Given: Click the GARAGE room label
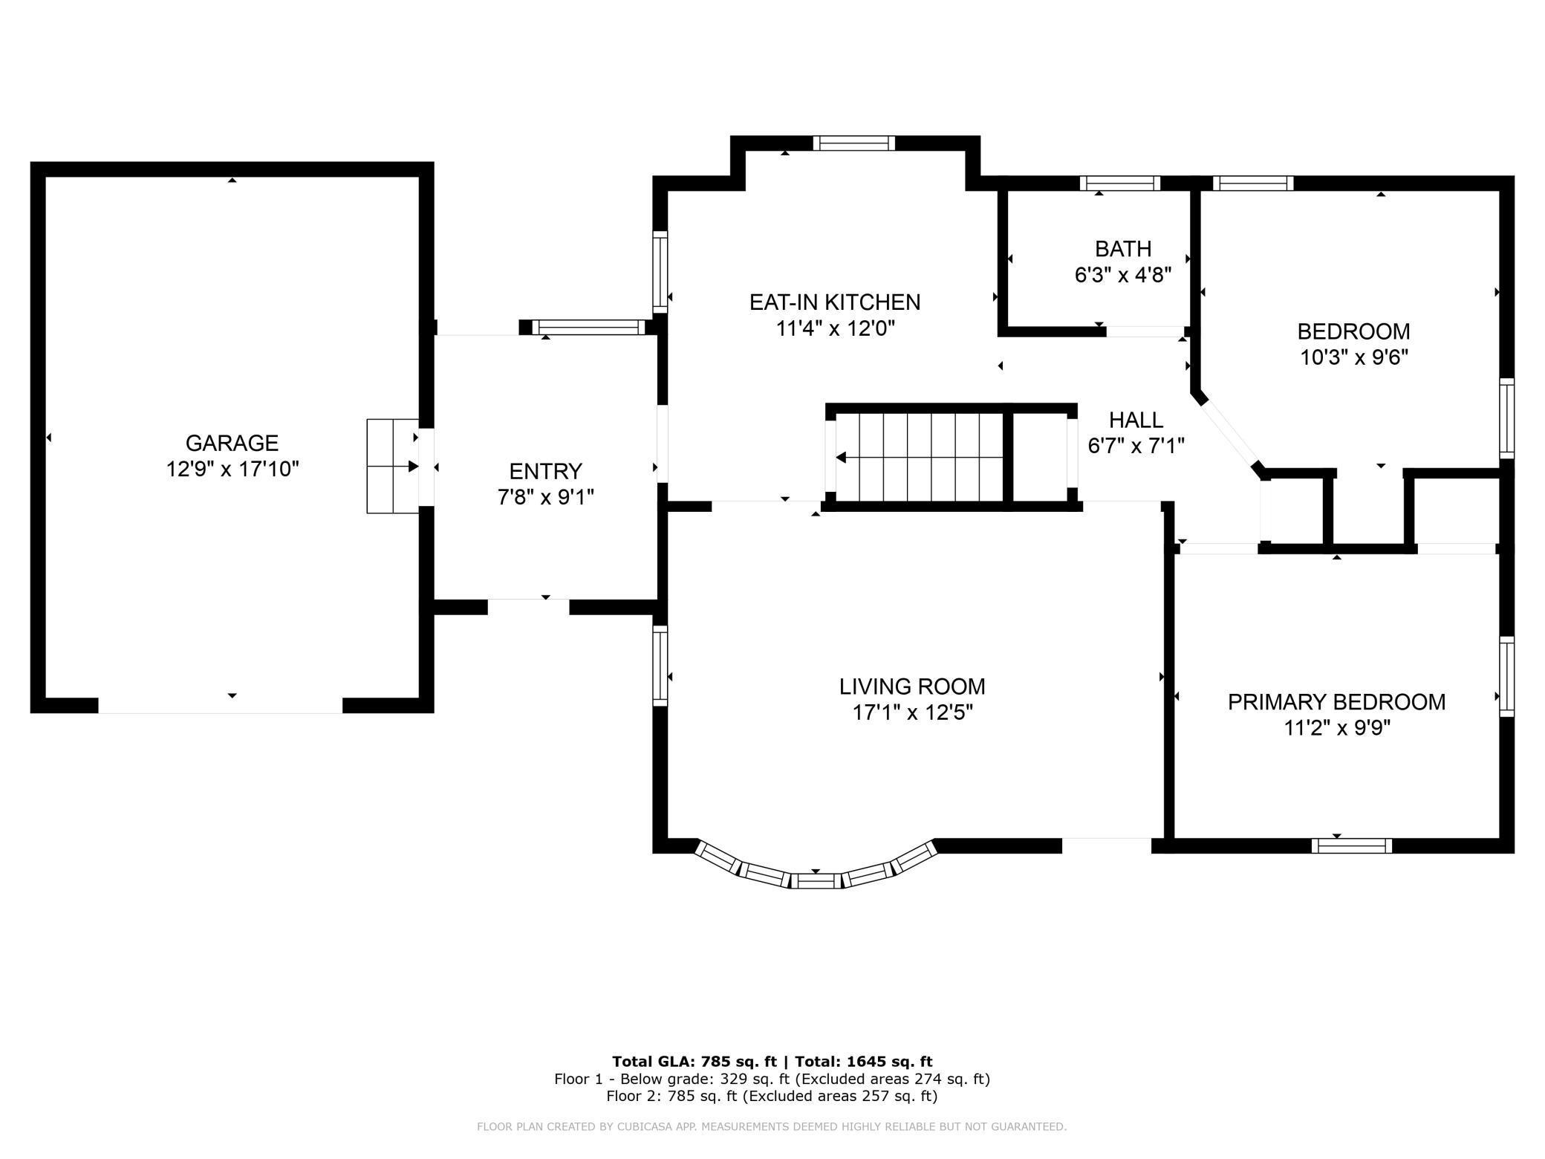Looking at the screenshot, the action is [x=232, y=443].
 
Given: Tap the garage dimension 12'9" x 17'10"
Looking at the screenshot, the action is [x=232, y=470].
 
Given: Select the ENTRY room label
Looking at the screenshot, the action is [x=545, y=471].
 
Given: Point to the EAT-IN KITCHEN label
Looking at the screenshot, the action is [x=834, y=302].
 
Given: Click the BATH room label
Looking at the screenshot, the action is [x=1123, y=248].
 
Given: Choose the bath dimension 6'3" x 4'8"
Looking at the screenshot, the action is [x=1123, y=275].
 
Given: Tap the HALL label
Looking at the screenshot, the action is [x=1136, y=420].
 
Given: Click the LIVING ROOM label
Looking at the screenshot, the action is [x=912, y=686].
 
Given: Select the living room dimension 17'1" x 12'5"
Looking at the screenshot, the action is [x=912, y=713].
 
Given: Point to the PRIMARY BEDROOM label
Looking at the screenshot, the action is [x=1336, y=702].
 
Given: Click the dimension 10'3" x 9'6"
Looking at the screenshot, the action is [x=1353, y=357].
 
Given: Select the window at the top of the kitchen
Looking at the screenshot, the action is [x=853, y=143].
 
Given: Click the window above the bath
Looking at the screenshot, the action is [x=1119, y=184].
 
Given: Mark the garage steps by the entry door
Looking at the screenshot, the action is [x=392, y=466].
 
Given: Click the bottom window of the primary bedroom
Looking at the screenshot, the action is [x=1351, y=845].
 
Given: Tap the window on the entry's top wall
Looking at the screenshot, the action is [x=589, y=327].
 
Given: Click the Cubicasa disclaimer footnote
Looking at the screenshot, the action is [x=772, y=1127].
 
